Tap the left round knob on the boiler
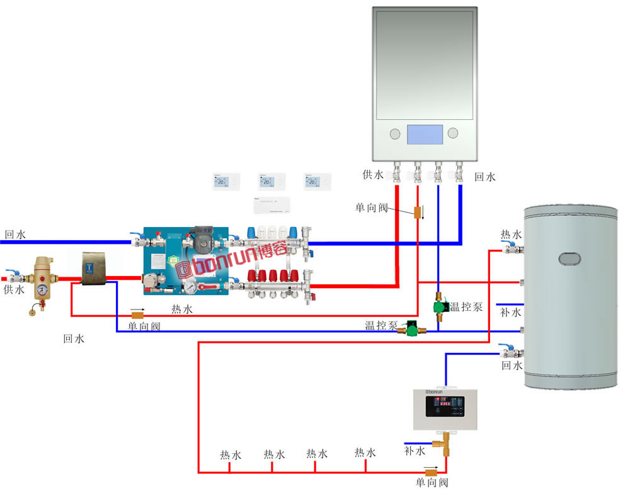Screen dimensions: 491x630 [x=395, y=134]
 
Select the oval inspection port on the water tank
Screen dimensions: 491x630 [x=570, y=259]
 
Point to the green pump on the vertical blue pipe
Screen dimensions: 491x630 [x=440, y=308]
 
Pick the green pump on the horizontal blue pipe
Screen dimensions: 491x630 [x=411, y=328]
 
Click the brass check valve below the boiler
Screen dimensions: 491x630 [x=417, y=212]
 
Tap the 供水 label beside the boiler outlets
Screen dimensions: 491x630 [x=372, y=174]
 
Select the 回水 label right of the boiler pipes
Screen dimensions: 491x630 [x=485, y=177]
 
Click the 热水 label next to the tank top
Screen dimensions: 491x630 [x=511, y=234]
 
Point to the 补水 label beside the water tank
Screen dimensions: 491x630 [x=510, y=312]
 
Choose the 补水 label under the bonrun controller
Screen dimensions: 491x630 [x=415, y=451]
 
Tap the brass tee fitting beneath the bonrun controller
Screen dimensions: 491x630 [x=446, y=441]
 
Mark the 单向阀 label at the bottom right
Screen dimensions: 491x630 [x=432, y=483]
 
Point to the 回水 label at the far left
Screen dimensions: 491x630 [x=15, y=234]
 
